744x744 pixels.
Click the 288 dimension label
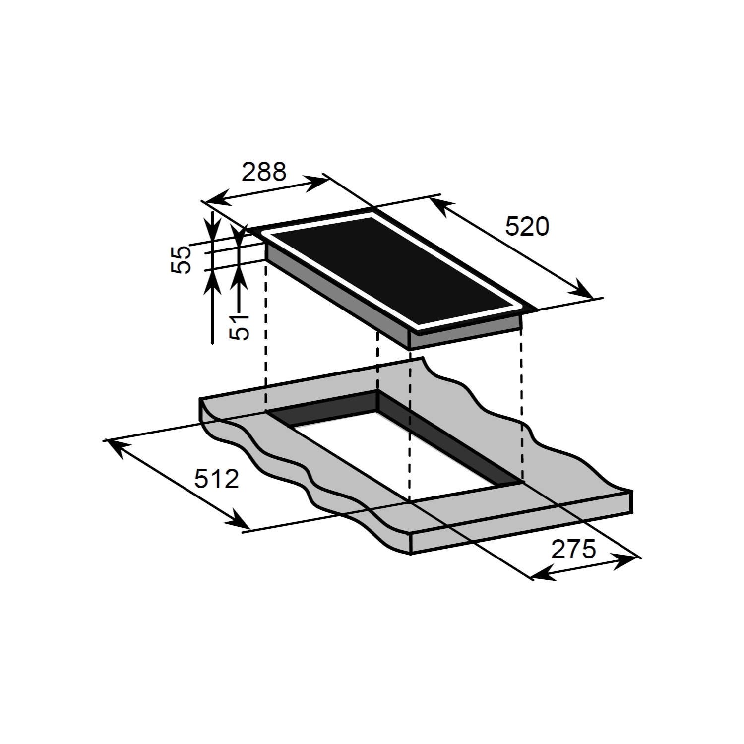(x=264, y=172)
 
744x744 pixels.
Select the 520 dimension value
(x=527, y=227)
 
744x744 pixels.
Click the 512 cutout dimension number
(x=216, y=479)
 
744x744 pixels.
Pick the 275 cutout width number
(x=573, y=550)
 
